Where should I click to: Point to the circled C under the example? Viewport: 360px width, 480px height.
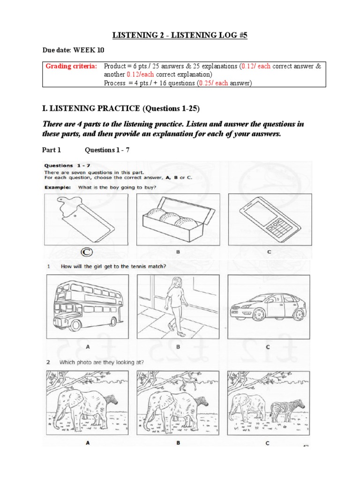click(86, 252)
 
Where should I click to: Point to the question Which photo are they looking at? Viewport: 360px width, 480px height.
click(112, 362)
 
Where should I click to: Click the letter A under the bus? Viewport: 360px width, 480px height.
click(88, 347)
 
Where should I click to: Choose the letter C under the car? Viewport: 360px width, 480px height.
click(268, 347)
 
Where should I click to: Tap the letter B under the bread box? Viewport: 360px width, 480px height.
click(178, 252)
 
